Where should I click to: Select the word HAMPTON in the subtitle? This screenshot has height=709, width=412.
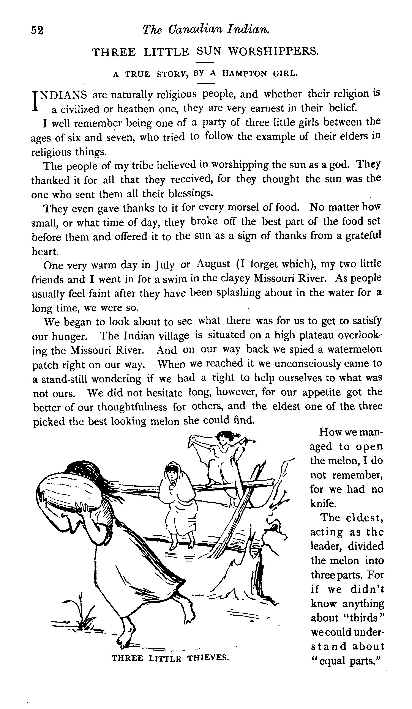point(244,74)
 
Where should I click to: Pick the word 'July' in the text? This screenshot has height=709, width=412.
point(165,265)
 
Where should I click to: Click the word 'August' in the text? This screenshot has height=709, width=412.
point(213,264)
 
